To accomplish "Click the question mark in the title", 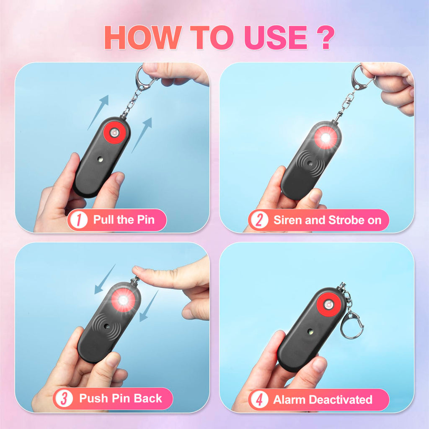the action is (x=325, y=37).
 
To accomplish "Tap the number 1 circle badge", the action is (x=78, y=220).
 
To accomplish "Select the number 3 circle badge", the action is (x=64, y=398).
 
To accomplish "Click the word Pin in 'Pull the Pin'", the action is (x=146, y=220).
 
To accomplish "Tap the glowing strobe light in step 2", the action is (x=326, y=137).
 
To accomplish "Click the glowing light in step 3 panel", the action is (x=123, y=300).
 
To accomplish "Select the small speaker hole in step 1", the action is (x=101, y=159).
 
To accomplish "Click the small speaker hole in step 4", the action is (x=310, y=332).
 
